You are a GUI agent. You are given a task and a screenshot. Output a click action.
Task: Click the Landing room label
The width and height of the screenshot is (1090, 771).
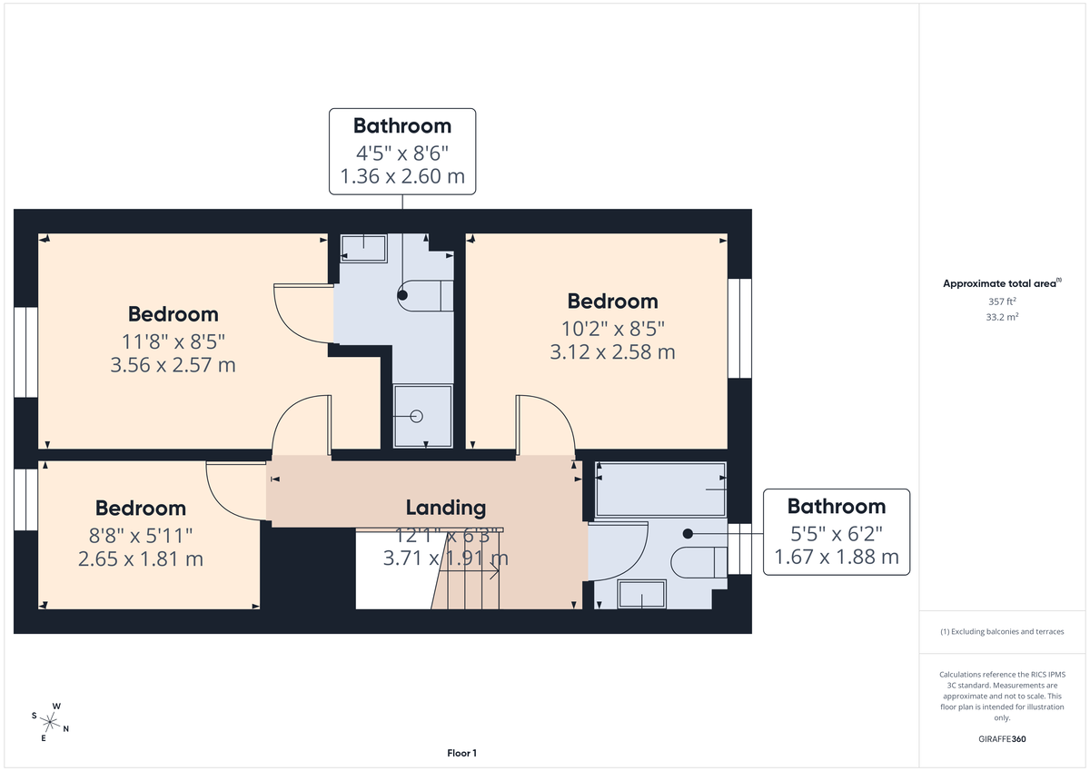click(445, 508)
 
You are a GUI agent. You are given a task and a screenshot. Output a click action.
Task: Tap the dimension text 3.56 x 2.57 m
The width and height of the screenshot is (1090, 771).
click(173, 365)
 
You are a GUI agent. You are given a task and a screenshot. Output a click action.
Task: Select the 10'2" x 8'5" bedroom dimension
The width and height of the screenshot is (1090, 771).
click(612, 327)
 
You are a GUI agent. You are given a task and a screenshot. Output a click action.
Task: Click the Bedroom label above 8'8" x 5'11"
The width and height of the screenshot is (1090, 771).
click(141, 509)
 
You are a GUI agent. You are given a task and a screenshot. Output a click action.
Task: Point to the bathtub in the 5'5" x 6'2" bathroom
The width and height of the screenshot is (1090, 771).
click(659, 490)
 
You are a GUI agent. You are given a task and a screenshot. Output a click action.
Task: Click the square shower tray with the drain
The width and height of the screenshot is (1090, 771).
click(421, 416)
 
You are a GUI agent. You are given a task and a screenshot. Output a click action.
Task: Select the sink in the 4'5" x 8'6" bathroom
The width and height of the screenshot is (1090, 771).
click(363, 247)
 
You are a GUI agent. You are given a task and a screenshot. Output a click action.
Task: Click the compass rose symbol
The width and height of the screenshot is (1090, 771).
click(51, 723)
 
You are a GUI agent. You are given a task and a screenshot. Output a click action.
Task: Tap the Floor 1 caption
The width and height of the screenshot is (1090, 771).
click(461, 753)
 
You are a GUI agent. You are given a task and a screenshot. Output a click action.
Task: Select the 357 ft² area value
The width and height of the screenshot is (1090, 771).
click(1001, 301)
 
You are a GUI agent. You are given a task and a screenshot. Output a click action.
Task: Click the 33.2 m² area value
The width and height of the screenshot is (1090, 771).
click(1001, 317)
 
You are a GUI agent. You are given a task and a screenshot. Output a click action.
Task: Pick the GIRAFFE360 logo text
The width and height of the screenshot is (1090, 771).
click(1001, 739)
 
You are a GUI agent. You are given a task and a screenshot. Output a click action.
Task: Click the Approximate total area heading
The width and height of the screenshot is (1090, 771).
click(1001, 283)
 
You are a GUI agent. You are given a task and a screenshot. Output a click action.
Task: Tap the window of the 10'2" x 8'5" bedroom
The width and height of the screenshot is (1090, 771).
click(739, 327)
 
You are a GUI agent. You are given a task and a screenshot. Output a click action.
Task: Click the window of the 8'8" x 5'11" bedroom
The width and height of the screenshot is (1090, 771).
click(25, 499)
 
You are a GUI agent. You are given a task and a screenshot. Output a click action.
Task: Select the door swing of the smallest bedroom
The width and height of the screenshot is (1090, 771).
click(232, 490)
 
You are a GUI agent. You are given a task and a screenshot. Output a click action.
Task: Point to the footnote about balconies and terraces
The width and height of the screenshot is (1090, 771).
click(1001, 631)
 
